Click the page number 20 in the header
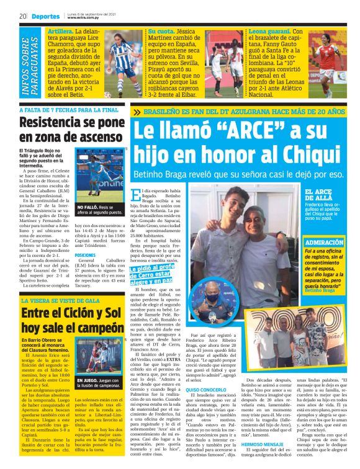point(22,16)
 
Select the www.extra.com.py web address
point(84,19)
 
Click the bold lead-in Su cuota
point(160,30)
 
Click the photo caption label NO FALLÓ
point(89,207)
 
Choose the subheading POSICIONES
point(85,255)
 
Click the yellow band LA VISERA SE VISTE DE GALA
point(62,300)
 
